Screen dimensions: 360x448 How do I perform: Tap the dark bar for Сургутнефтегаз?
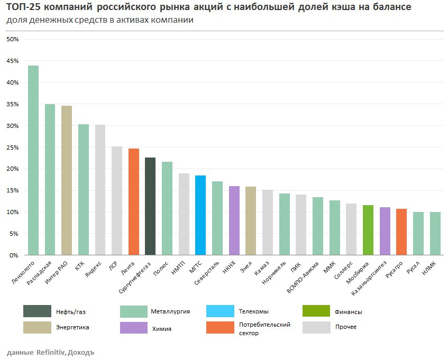(150, 206)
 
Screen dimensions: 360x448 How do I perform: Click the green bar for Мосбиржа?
(368, 230)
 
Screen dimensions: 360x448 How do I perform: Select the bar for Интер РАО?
(67, 180)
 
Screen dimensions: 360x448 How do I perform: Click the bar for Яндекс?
(100, 190)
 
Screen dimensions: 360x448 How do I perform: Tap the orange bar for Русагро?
(401, 232)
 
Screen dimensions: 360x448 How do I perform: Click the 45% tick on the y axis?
(13, 61)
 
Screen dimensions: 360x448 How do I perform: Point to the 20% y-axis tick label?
(13, 169)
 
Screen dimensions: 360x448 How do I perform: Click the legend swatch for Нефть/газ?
(37, 311)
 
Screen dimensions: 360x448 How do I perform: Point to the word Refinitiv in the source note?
(50, 352)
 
